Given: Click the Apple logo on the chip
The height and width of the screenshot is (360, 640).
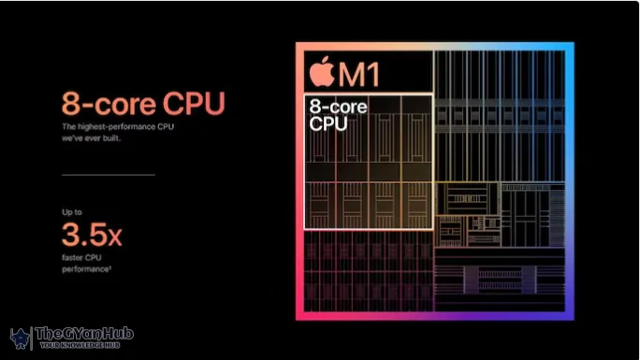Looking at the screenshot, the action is pos(323,71).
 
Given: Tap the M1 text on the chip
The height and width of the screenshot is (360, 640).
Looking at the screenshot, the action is pos(359,72).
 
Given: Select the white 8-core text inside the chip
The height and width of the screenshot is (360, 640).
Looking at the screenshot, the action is pos(338,107).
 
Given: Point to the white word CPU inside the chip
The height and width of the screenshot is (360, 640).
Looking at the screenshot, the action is pos(328,122).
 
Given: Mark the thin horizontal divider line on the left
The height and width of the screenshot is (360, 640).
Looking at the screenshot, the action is pos(108,174).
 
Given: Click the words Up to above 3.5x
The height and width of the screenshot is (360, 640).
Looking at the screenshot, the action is pos(72,213).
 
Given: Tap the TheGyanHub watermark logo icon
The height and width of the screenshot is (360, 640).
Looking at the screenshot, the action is pos(20,338).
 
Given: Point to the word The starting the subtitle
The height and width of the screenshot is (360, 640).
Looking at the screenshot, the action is pos(68,126).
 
